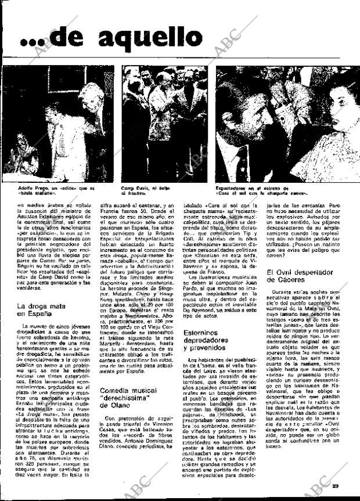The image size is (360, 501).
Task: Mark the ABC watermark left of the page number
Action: click(314, 482)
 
